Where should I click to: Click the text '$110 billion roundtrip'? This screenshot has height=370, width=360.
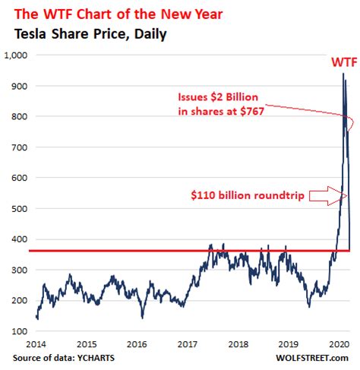coord(257,195)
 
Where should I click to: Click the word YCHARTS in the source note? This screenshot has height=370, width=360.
coord(101,356)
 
